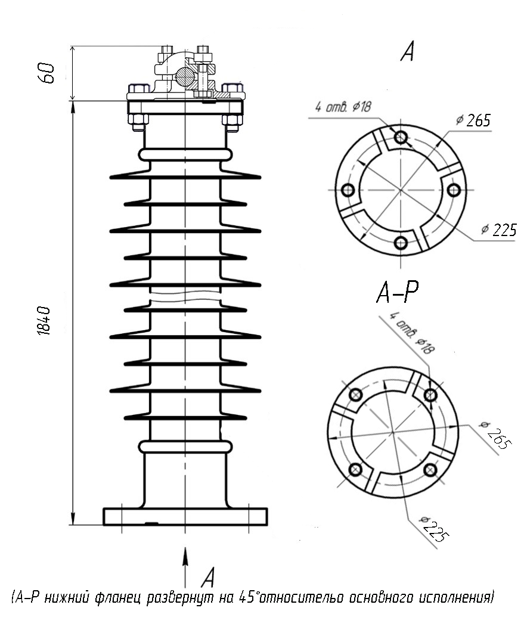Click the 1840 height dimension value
tap(44, 321)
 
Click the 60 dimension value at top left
tap(46, 72)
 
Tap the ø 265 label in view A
tap(473, 120)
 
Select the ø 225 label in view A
tap(499, 230)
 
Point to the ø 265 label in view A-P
tap(495, 435)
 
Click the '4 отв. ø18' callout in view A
tap(343, 107)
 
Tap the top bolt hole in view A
tap(401, 137)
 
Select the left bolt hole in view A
tap(348, 190)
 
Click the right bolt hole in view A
tap(454, 190)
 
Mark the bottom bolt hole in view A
tap(401, 243)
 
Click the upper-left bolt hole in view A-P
tap(356, 394)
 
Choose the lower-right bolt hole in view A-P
tap(430, 469)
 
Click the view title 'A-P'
tap(398, 292)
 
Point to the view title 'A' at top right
tap(408, 51)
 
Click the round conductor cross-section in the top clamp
tap(184, 76)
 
